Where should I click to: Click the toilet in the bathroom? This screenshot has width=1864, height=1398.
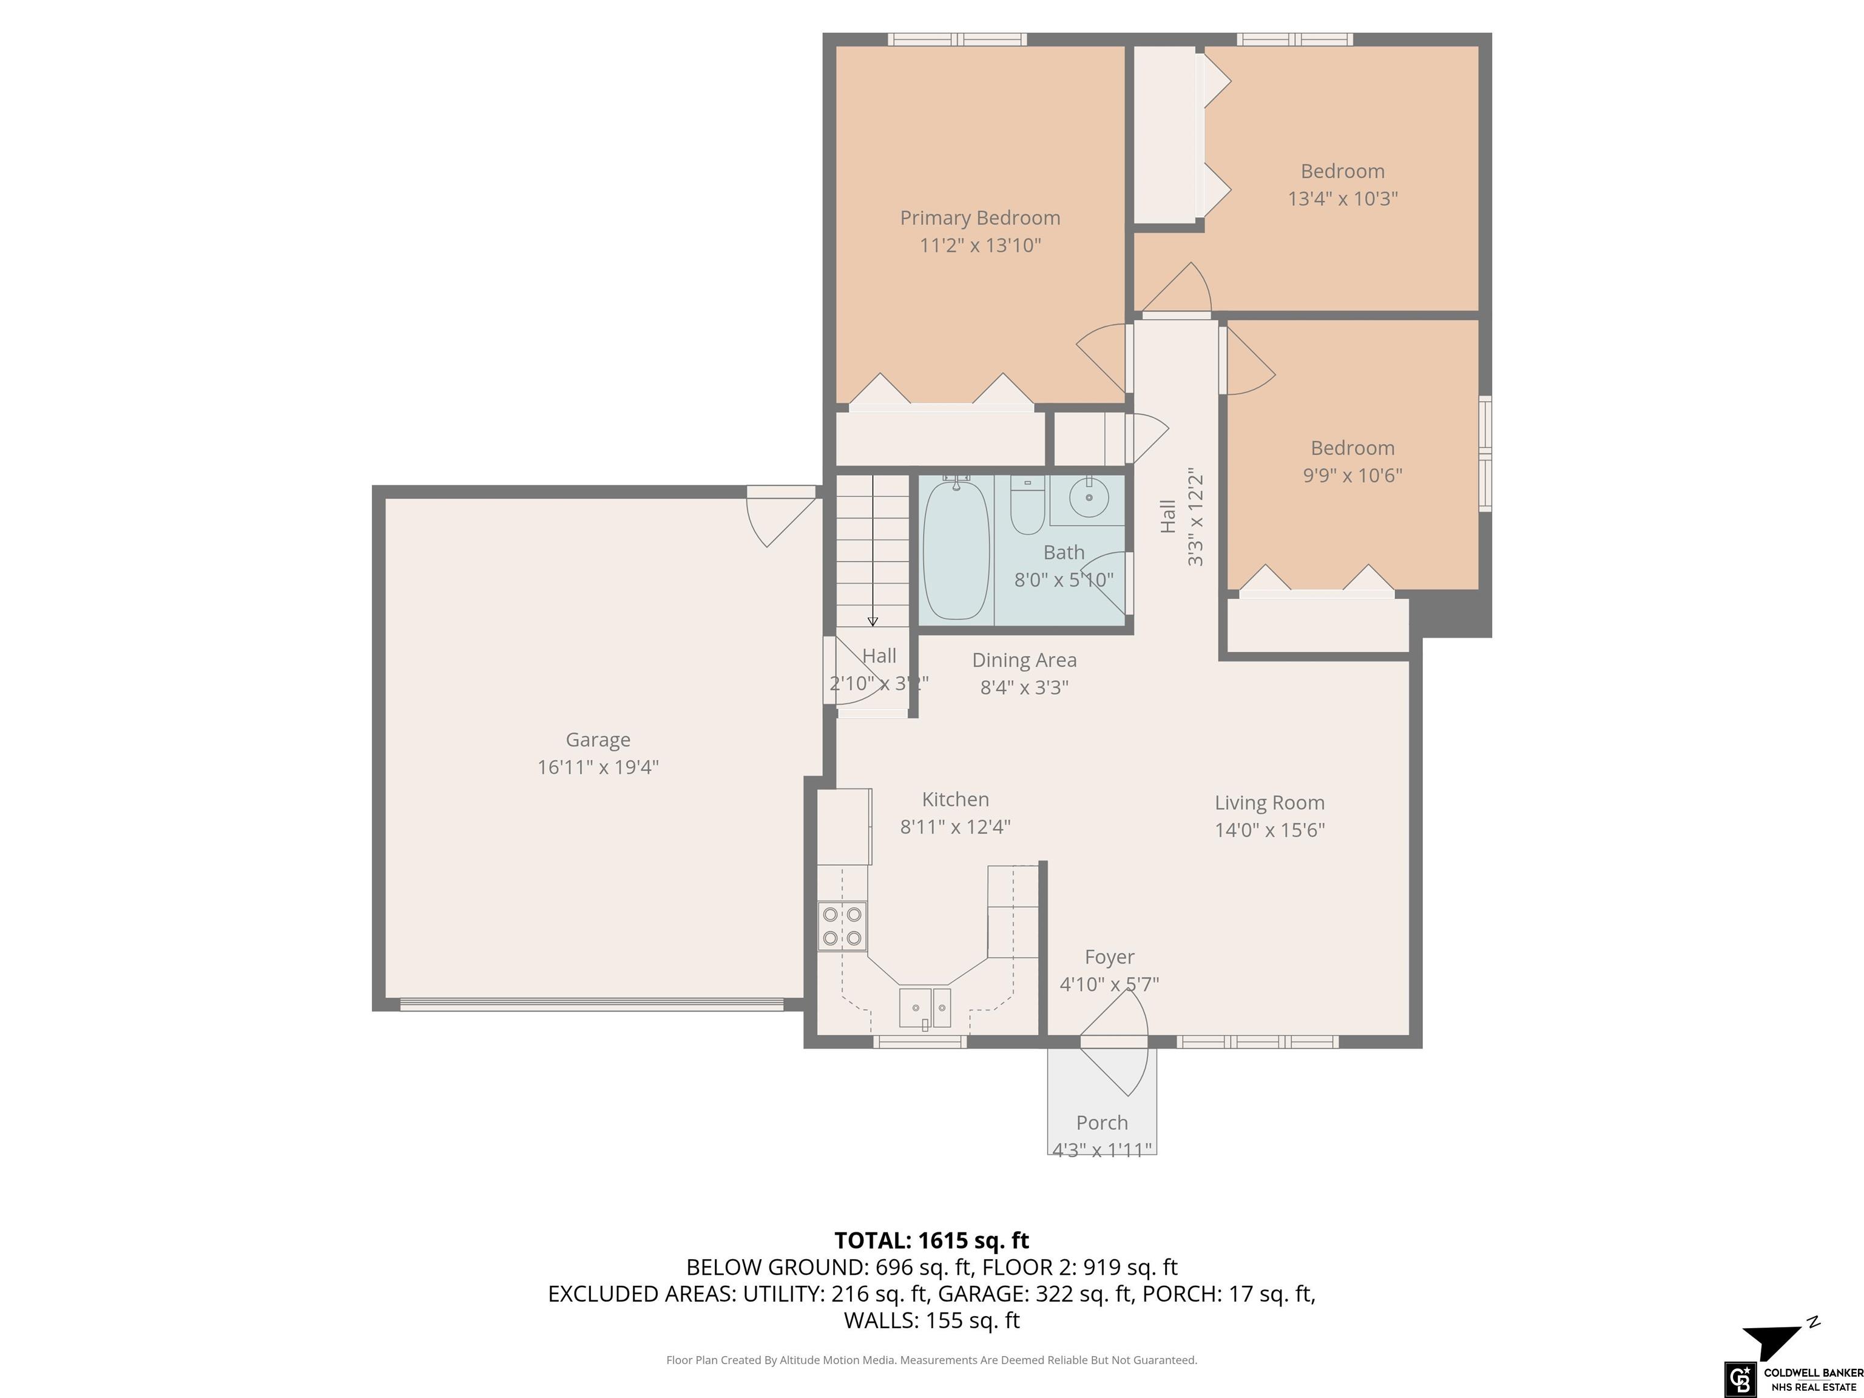pos(1027,505)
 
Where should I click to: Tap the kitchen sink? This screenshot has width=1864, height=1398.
pos(925,1008)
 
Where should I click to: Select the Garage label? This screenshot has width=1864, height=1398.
pos(598,740)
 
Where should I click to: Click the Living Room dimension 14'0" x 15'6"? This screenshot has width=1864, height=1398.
pos(1269,830)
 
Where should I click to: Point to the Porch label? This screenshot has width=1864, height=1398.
pos(1103,1123)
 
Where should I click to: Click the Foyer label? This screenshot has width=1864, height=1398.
pos(1109,957)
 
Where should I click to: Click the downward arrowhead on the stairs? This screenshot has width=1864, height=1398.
pos(873,622)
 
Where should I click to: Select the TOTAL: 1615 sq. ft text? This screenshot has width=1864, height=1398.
pos(931,1240)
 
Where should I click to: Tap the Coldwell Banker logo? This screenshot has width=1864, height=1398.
pos(1792,1379)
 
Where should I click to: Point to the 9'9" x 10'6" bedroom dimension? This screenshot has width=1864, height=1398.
pos(1352,475)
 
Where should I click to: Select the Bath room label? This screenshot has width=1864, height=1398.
pos(1064,553)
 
